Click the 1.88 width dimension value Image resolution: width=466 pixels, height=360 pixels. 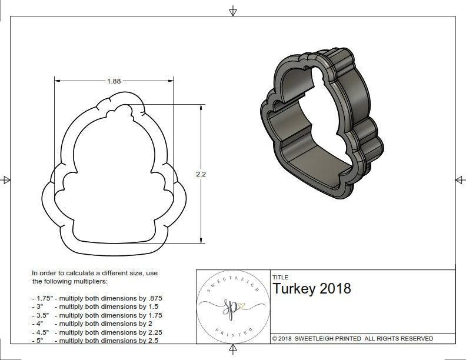pos(114,81)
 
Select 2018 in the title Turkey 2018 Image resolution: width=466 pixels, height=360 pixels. pos(335,288)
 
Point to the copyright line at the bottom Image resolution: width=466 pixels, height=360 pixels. pos(352,338)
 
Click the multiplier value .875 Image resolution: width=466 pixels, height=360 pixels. pos(154,298)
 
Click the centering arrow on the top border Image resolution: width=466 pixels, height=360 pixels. pos(233,11)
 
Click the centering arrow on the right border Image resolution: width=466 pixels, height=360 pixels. pos(459,179)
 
